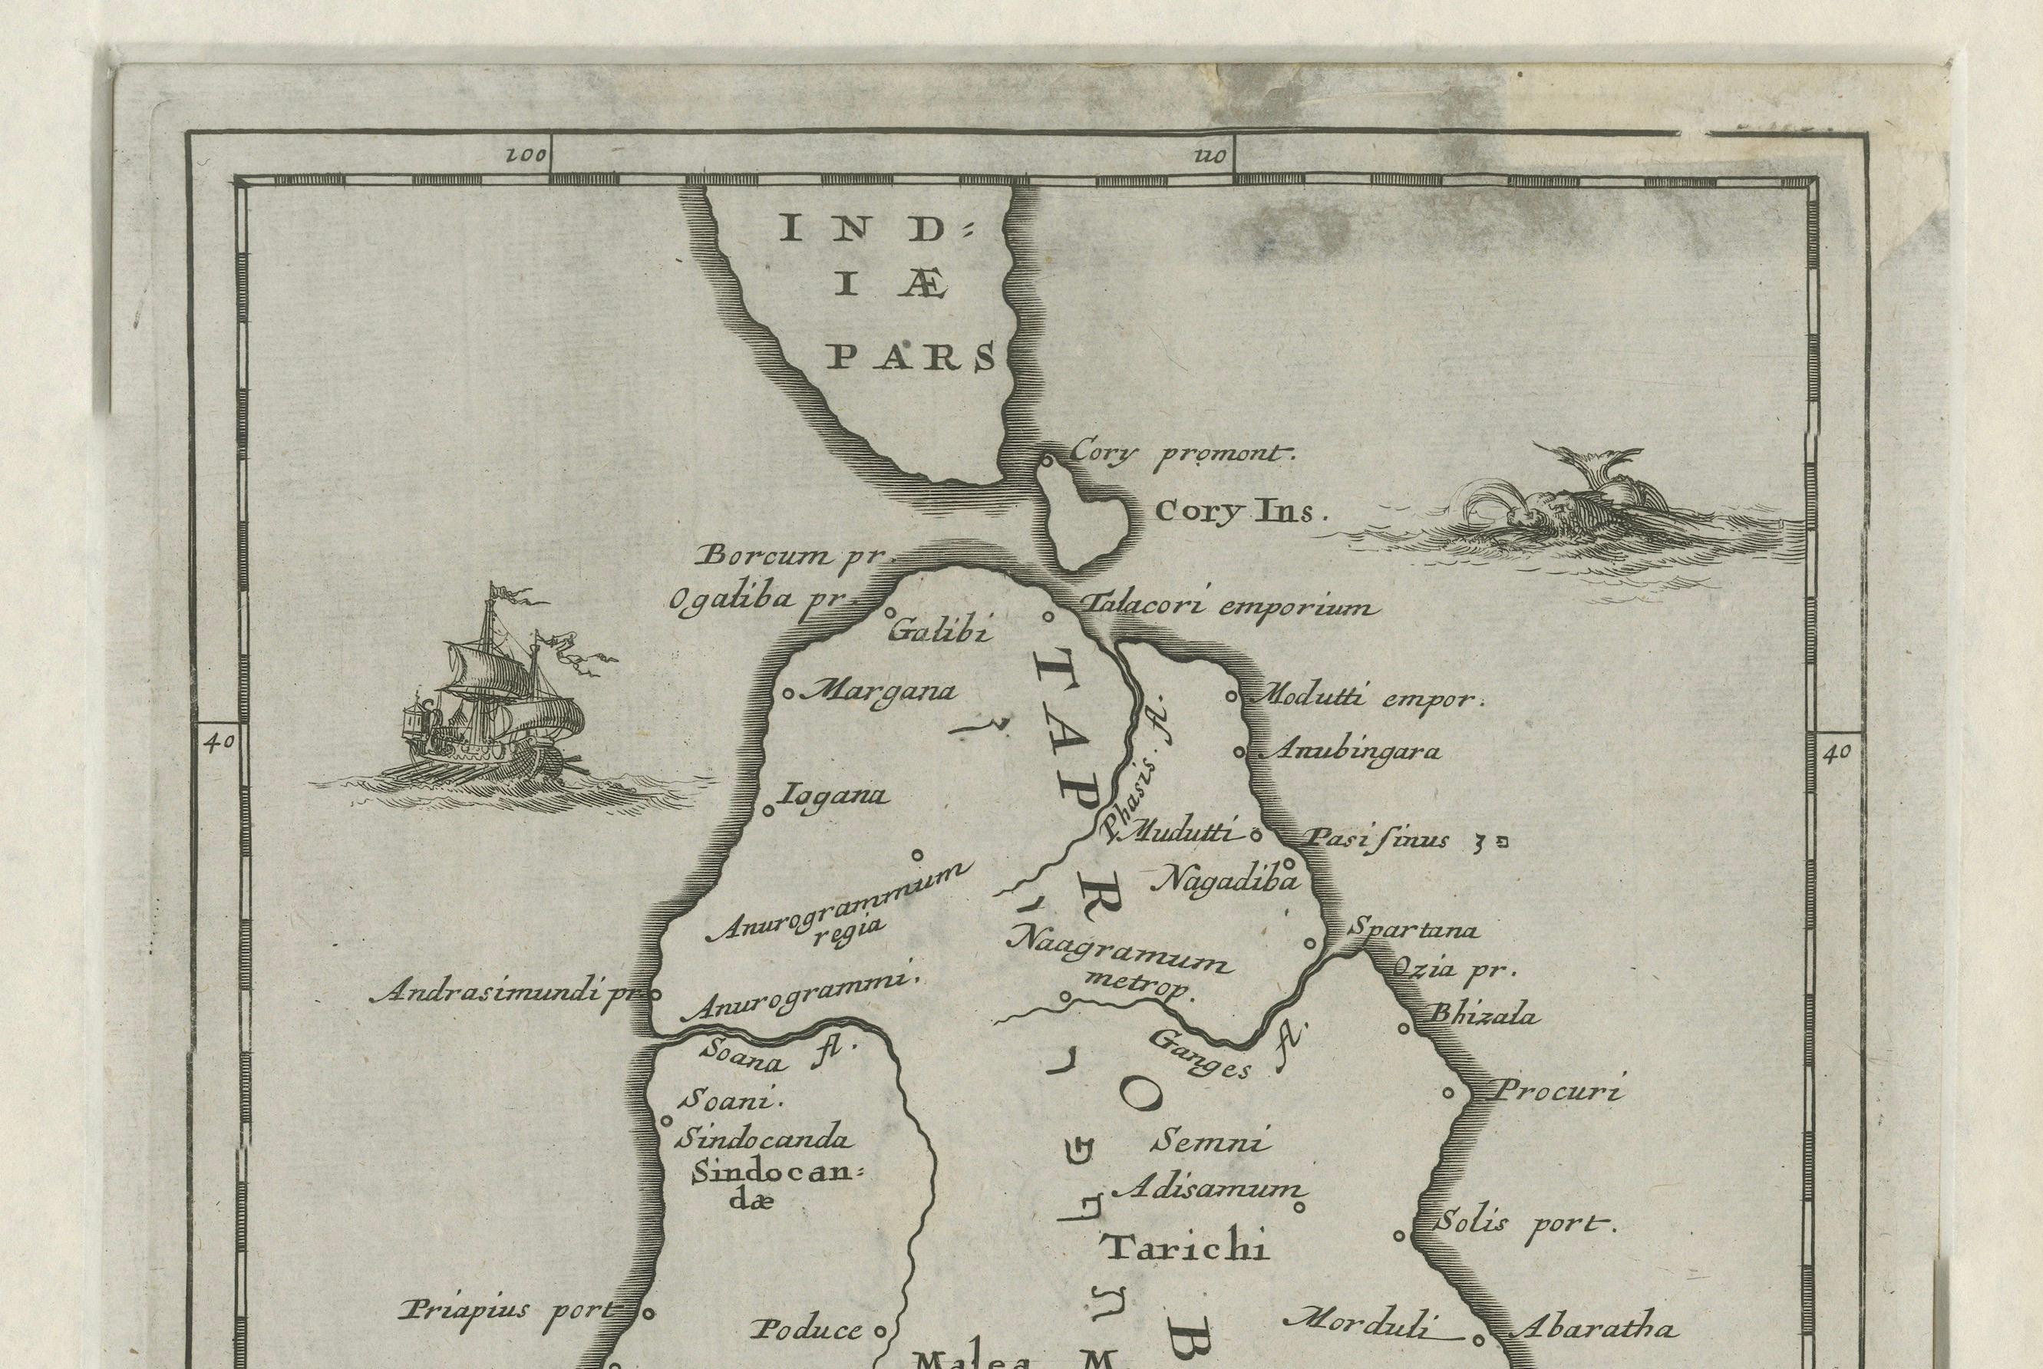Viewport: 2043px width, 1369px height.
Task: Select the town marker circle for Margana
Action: (x=787, y=695)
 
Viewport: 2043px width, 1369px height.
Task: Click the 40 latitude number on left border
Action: (x=216, y=742)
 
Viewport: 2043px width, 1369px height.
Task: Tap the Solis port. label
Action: (x=1523, y=1224)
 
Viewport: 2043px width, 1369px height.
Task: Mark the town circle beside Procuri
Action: (x=1447, y=1092)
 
